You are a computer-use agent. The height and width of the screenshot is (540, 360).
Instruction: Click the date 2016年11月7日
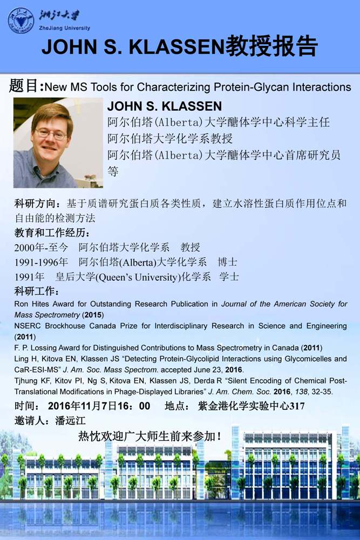coord(86,406)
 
